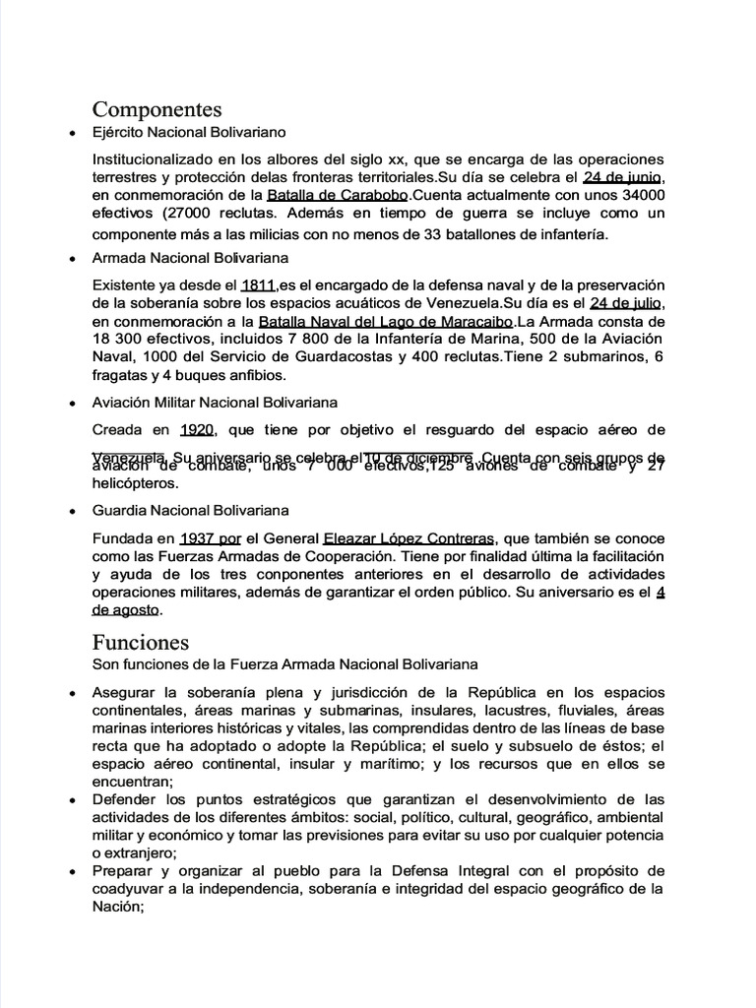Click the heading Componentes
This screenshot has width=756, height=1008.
coord(157,108)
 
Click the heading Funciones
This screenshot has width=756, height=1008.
coord(141,643)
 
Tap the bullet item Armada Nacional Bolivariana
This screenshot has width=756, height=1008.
coord(190,259)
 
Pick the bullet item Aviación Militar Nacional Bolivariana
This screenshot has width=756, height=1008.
coord(215,403)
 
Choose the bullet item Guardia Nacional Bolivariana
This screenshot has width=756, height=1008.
coord(190,511)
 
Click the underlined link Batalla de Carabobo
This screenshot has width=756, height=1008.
coord(331,196)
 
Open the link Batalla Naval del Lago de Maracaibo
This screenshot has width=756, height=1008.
coord(387,322)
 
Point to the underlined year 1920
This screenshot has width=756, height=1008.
coord(198,430)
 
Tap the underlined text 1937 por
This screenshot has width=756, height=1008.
coord(210,538)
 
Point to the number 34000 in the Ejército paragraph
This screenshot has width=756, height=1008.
coord(638,196)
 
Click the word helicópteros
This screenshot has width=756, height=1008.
coord(137,484)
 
